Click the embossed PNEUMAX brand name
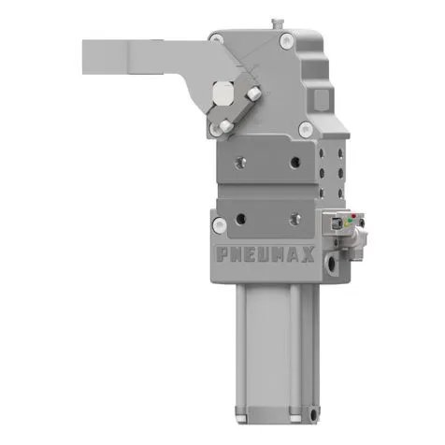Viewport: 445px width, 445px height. [265, 253]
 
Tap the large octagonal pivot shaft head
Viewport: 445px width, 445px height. [224, 93]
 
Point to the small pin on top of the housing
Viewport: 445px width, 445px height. [275, 22]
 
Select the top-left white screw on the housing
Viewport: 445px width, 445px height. [217, 38]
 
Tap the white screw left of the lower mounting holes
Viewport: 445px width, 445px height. [218, 224]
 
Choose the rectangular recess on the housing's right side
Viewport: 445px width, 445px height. [323, 97]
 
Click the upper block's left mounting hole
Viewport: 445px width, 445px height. [242, 162]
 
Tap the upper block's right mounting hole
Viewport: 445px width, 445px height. [295, 162]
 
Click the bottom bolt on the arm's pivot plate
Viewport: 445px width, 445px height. [225, 124]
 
